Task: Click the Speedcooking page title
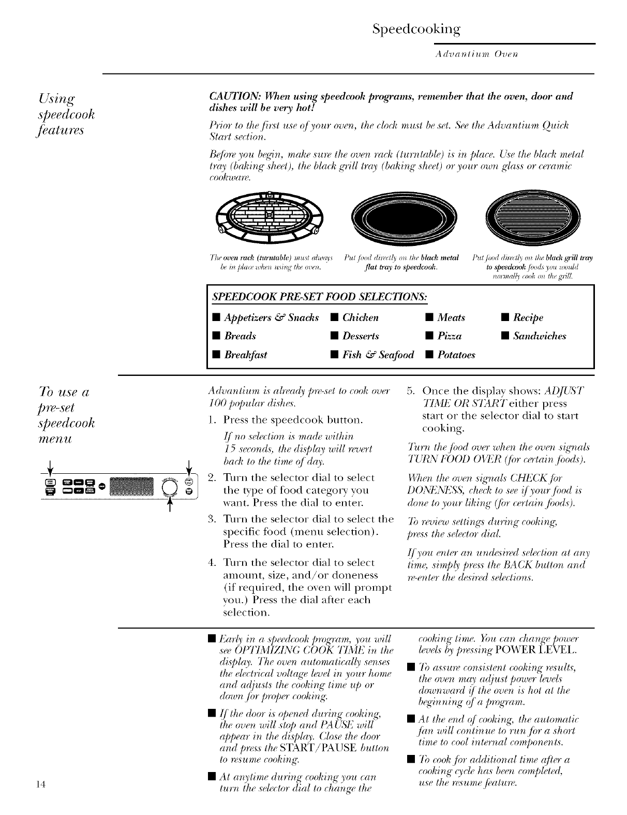(416, 29)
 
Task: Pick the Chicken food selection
(361, 317)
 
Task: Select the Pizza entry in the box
(449, 336)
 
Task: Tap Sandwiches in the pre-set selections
(539, 336)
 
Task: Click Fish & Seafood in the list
(378, 355)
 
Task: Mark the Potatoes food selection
(456, 355)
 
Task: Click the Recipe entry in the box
(528, 317)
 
